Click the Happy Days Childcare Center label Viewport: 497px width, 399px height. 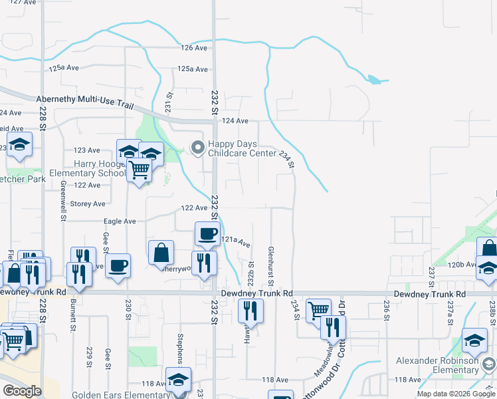pos(241,148)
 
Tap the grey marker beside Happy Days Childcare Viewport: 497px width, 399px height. pos(197,148)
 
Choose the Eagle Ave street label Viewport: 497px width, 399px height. pos(120,221)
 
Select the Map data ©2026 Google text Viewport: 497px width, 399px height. pos(456,394)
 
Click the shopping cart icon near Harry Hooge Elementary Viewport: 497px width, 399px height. pos(139,170)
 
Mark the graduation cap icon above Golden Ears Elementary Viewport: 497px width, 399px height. pos(178,379)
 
